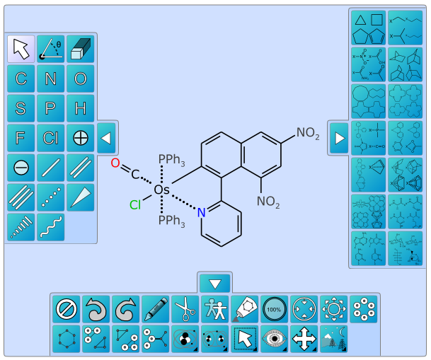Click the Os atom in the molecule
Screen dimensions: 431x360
(x=161, y=190)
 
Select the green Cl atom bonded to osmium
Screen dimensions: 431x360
(x=135, y=205)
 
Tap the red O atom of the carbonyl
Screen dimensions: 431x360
(x=115, y=163)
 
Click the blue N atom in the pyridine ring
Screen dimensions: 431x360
(x=201, y=213)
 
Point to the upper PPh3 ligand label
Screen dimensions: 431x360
(x=171, y=160)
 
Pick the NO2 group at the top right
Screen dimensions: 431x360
(x=308, y=133)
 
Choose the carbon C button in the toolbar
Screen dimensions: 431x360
(x=21, y=79)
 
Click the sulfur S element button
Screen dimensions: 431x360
(x=21, y=108)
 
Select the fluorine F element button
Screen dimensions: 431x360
(x=21, y=138)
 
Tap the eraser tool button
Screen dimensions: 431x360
(x=81, y=49)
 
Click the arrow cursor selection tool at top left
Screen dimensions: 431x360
(x=21, y=49)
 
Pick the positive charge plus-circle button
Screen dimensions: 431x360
(x=81, y=138)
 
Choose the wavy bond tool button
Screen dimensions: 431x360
(x=51, y=227)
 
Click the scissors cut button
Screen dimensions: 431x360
(x=185, y=309)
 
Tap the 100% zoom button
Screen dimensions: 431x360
(x=275, y=309)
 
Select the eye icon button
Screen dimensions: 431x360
(x=275, y=339)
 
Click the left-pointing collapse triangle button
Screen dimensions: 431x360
(x=106, y=138)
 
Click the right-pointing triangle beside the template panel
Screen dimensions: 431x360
(x=339, y=138)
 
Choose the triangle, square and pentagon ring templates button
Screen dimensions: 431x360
(x=368, y=28)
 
